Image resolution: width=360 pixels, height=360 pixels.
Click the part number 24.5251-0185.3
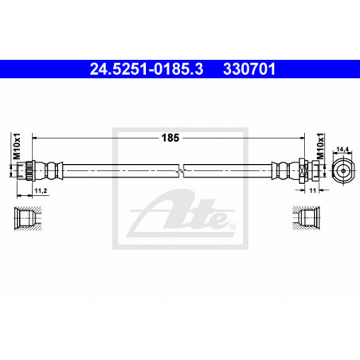(x=147, y=69)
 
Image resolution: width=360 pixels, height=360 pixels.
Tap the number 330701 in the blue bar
(x=249, y=69)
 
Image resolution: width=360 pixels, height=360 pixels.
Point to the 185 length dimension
(x=170, y=138)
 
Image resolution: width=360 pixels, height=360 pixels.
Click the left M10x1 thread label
(x=17, y=147)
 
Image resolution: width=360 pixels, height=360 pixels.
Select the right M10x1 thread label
(x=321, y=147)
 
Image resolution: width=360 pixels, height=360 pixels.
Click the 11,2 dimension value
(x=41, y=190)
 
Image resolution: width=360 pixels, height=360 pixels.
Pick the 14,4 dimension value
(x=342, y=150)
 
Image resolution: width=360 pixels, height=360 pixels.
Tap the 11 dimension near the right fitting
(x=313, y=190)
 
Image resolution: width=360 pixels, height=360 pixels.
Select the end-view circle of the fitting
(x=343, y=170)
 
